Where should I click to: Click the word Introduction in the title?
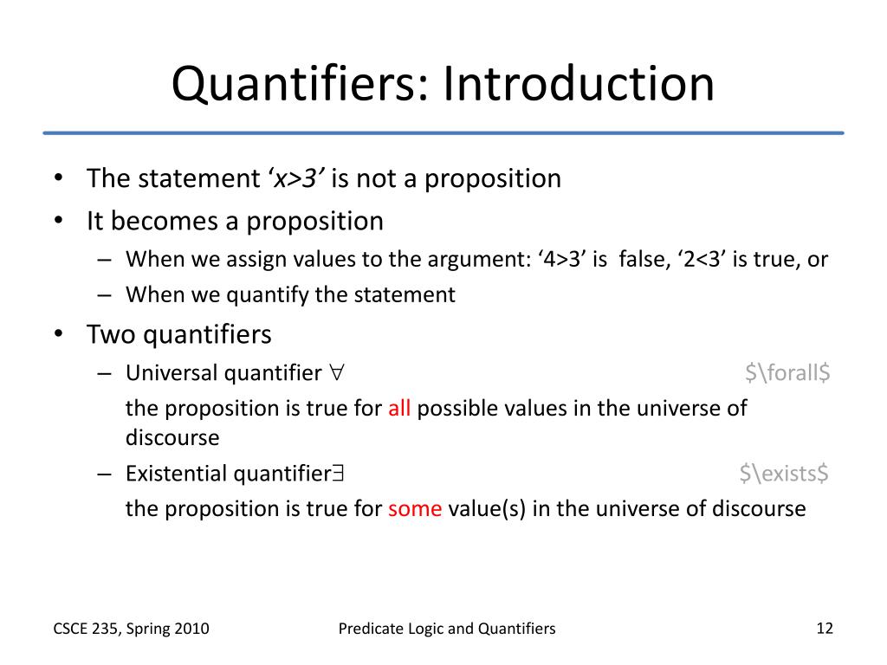(x=579, y=85)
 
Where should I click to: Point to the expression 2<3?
(x=697, y=260)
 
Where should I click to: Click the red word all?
(x=399, y=409)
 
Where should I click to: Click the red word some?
(x=415, y=508)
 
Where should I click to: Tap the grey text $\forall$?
(x=787, y=373)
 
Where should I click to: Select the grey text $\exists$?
(x=784, y=474)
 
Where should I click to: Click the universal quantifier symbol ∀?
(x=337, y=373)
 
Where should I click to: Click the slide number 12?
(x=824, y=629)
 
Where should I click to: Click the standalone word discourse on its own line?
(x=172, y=438)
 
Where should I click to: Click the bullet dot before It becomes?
(x=58, y=221)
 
